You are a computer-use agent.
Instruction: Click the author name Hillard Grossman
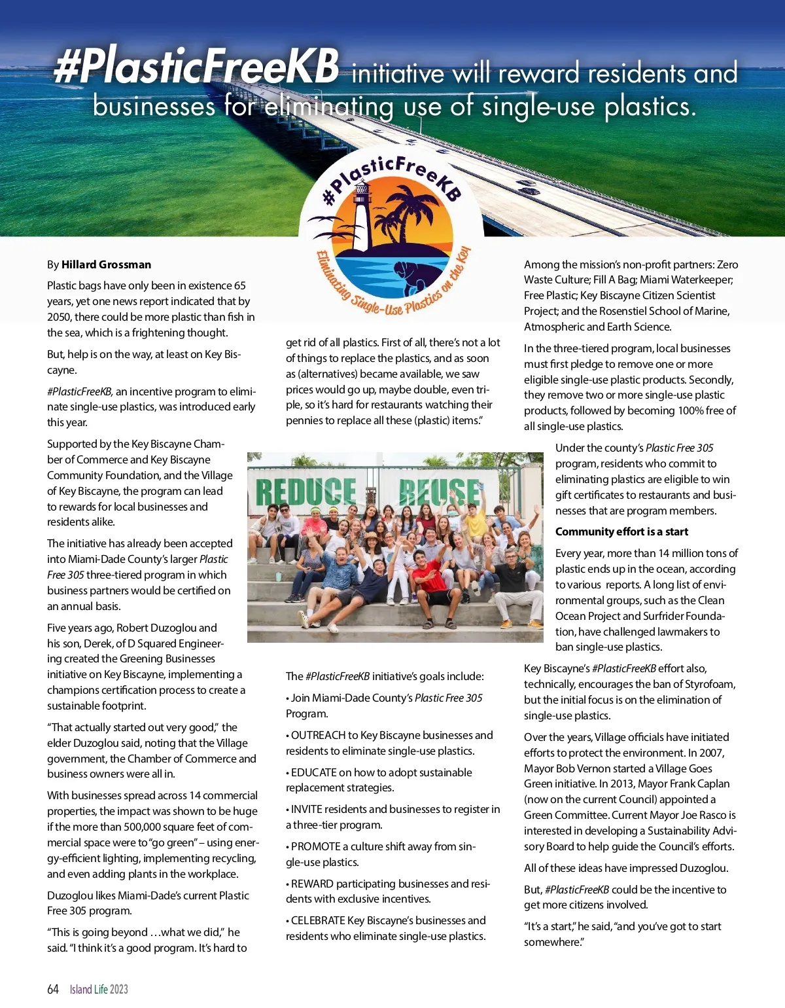tap(106, 264)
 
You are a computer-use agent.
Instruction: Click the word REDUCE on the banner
tap(305, 492)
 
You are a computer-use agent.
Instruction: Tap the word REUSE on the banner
tap(440, 492)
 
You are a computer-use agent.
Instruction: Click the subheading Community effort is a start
tap(621, 531)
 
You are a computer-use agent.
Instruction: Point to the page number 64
tap(53, 989)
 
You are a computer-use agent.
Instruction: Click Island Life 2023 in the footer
tap(99, 989)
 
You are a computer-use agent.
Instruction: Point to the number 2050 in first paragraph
tap(59, 317)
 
